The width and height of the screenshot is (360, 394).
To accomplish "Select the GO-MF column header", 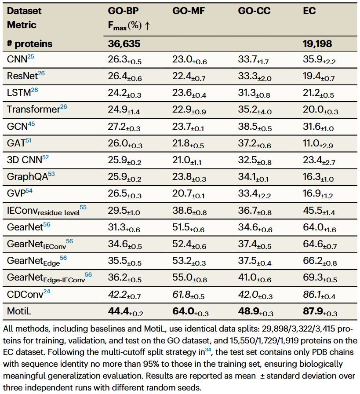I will point(188,11).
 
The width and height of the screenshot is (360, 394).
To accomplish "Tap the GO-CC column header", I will point(254,11).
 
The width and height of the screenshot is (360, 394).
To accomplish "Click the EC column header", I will point(309,11).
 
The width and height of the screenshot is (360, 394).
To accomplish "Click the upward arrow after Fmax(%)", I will point(147,26).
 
